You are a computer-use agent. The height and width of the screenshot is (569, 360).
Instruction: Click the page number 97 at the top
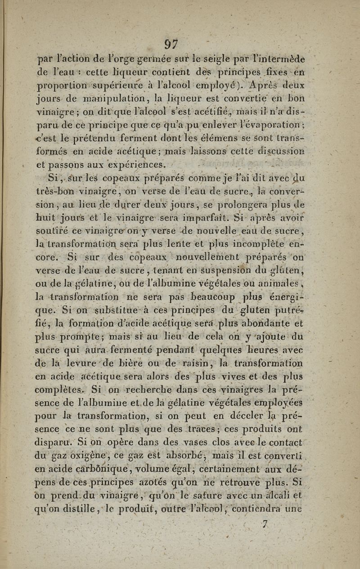tap(171, 45)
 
